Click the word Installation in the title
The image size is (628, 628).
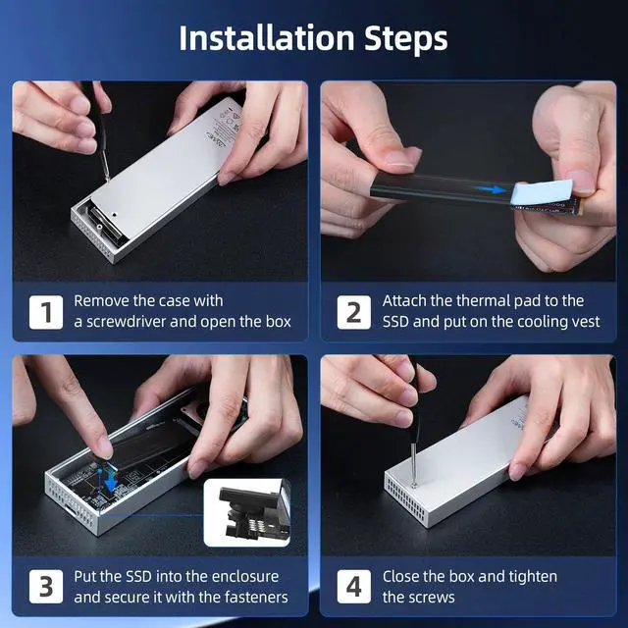(x=267, y=38)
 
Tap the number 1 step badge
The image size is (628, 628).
(x=46, y=312)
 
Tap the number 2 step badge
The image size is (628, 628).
(x=353, y=312)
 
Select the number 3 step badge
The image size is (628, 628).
(x=46, y=587)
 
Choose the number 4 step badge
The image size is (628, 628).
(x=353, y=587)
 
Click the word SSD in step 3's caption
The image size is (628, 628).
(x=138, y=576)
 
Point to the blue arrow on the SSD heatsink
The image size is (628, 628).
(x=489, y=189)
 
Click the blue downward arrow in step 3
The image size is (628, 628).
(x=111, y=480)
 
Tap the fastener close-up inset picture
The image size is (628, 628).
(x=247, y=512)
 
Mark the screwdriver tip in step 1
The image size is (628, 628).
(x=107, y=178)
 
